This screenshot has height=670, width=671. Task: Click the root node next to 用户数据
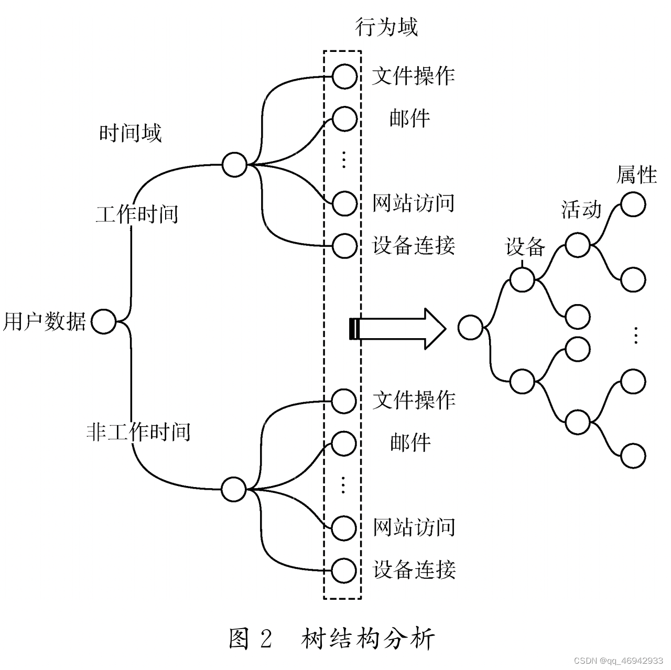tap(103, 321)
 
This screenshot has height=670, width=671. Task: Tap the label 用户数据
tap(44, 321)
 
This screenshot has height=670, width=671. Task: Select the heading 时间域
tap(130, 133)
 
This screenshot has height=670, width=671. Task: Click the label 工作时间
tap(137, 214)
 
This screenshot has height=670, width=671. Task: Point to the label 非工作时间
tap(138, 432)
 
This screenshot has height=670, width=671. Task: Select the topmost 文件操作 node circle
tap(344, 77)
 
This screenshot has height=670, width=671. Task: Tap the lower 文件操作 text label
tap(414, 401)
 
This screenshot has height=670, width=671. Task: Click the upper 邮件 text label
tap(409, 118)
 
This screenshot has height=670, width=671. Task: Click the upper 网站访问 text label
tap(413, 203)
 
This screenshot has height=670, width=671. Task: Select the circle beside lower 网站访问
tap(344, 527)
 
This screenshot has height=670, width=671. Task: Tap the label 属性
tap(636, 175)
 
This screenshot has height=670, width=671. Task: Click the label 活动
tap(581, 209)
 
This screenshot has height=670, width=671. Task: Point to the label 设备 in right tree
tap(525, 246)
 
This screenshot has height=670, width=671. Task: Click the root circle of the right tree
tap(470, 328)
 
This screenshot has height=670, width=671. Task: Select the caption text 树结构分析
tap(368, 639)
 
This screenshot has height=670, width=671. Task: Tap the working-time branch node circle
tap(234, 164)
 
